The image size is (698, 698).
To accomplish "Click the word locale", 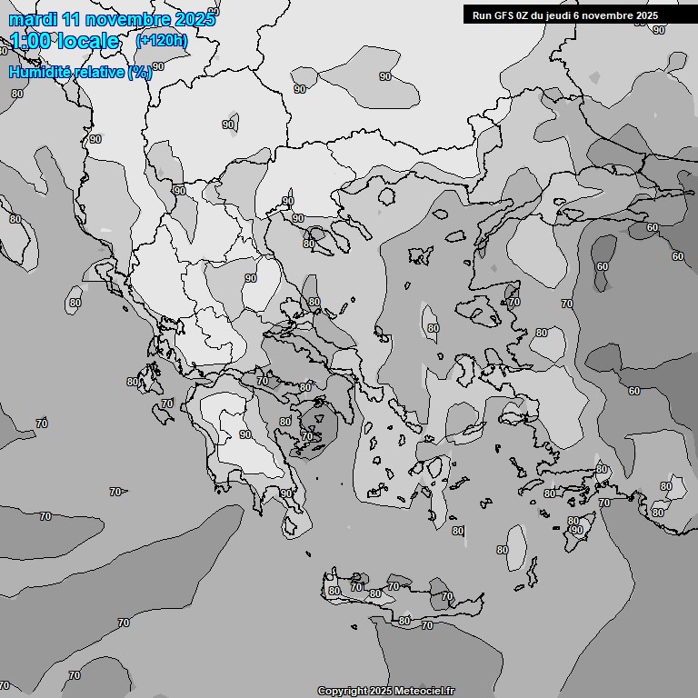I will [x=87, y=41].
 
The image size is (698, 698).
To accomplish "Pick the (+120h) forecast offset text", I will [x=162, y=40].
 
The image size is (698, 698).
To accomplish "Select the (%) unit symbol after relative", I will [x=140, y=73].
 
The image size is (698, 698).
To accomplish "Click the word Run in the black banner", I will [x=482, y=15].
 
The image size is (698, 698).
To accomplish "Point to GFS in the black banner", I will [x=503, y=15].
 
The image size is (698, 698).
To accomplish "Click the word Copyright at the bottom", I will [x=343, y=691].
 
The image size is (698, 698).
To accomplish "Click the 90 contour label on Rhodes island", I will [x=575, y=529].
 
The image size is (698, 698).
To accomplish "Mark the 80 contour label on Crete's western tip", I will [x=334, y=591].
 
